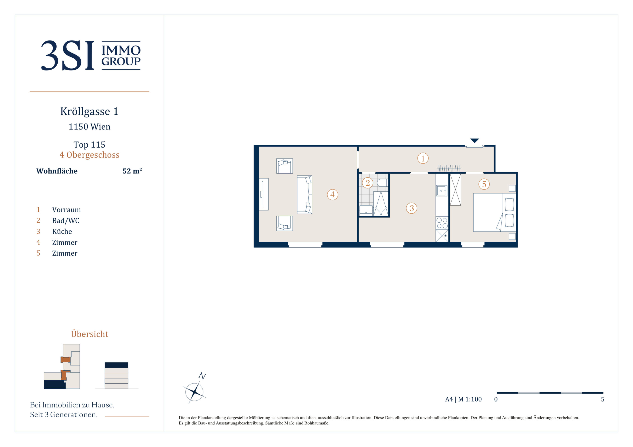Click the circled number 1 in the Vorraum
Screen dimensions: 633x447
point(423,158)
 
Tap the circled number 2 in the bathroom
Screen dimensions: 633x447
point(368,183)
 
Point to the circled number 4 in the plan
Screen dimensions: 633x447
point(333,195)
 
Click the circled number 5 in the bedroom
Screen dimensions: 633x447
point(484,184)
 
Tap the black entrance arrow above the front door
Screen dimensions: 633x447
point(474,141)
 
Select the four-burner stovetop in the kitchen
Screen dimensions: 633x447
point(442,223)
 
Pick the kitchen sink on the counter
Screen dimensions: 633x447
point(441,191)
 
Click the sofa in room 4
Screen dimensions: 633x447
point(304,195)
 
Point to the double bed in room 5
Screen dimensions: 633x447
point(494,212)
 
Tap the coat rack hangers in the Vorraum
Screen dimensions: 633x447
point(449,168)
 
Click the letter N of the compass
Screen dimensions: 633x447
point(202,376)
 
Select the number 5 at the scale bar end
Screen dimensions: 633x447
point(603,399)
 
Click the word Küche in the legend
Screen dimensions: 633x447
point(62,231)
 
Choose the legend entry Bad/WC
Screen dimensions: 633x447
point(66,221)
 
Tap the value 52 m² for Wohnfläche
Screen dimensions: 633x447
point(132,171)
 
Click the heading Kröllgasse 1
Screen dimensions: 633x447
point(89,111)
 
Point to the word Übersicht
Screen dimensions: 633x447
point(90,334)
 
